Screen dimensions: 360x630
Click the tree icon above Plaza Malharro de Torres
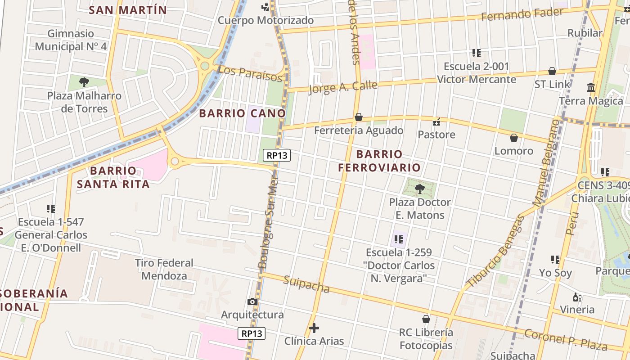84,82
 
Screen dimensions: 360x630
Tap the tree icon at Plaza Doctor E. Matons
420,189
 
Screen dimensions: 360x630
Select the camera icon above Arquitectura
252,301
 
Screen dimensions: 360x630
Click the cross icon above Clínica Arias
314,328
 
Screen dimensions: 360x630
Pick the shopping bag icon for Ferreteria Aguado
359,117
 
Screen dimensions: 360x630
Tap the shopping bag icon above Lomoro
514,138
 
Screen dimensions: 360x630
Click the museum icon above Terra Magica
591,87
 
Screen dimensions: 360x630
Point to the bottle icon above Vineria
577,297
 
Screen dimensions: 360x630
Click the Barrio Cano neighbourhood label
243,113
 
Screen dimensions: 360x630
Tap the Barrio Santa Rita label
113,177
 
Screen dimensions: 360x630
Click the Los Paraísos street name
249,74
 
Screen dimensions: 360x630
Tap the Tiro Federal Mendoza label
164,269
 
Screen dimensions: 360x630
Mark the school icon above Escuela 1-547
50,209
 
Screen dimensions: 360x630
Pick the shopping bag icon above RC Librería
426,319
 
